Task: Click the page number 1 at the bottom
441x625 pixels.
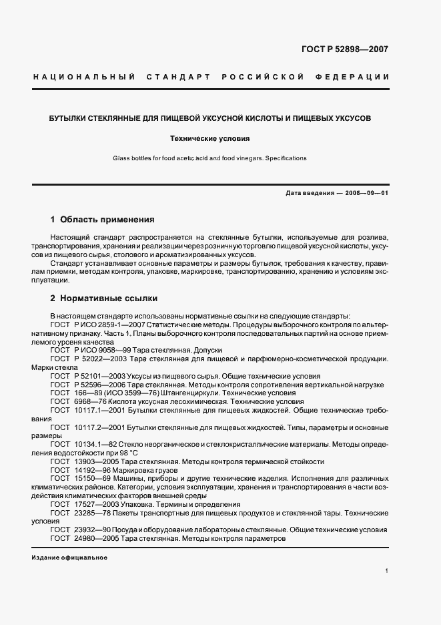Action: tap(387, 571)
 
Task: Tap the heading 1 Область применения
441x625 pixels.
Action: tap(103, 218)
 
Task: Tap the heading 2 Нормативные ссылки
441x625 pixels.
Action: tap(103, 298)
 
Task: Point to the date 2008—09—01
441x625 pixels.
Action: tap(366, 193)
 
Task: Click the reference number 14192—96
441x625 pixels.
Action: tap(95, 470)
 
